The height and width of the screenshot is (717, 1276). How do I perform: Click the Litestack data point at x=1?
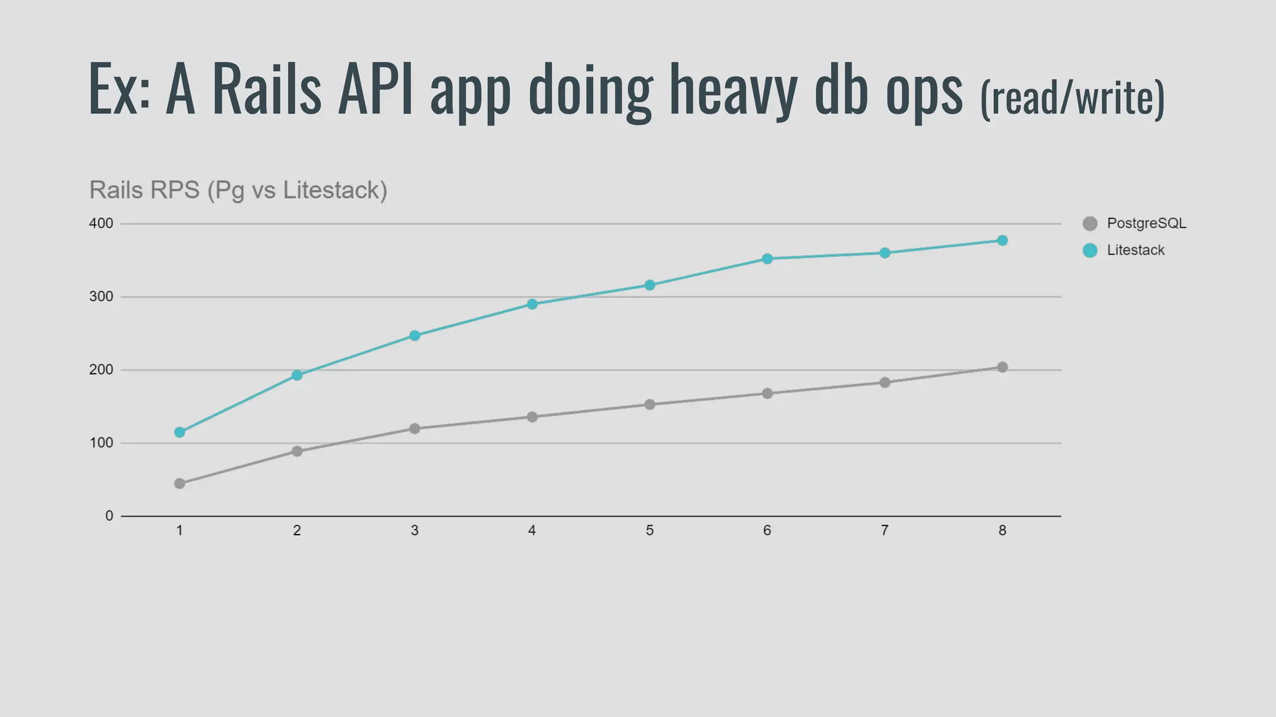click(x=179, y=432)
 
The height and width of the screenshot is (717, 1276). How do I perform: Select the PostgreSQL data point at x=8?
click(x=1002, y=367)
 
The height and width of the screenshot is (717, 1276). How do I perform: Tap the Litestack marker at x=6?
click(x=767, y=259)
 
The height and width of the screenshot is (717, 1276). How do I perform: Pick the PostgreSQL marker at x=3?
click(x=414, y=428)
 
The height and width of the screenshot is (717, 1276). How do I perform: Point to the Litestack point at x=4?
click(x=532, y=304)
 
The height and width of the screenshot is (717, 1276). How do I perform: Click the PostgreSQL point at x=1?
click(x=179, y=484)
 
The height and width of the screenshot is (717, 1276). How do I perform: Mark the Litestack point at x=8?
click(x=1002, y=240)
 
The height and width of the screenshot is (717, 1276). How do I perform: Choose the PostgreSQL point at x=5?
click(x=649, y=405)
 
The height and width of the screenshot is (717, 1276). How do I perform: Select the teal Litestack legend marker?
click(x=1090, y=250)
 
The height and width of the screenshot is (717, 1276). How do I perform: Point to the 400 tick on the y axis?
click(x=101, y=223)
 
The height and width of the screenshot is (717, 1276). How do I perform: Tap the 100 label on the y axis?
click(x=101, y=443)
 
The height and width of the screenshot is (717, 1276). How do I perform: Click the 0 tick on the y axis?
click(x=109, y=516)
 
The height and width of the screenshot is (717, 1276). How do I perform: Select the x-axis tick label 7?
click(x=884, y=531)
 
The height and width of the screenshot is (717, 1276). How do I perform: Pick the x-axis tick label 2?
click(x=297, y=531)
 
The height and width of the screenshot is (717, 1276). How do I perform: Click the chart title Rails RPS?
click(x=238, y=190)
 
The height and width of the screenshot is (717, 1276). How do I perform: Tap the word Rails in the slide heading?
click(x=267, y=89)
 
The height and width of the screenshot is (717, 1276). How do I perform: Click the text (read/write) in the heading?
click(x=1072, y=98)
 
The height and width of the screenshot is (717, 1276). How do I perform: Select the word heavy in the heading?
click(x=733, y=90)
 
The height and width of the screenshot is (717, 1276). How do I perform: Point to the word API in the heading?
click(x=375, y=89)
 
